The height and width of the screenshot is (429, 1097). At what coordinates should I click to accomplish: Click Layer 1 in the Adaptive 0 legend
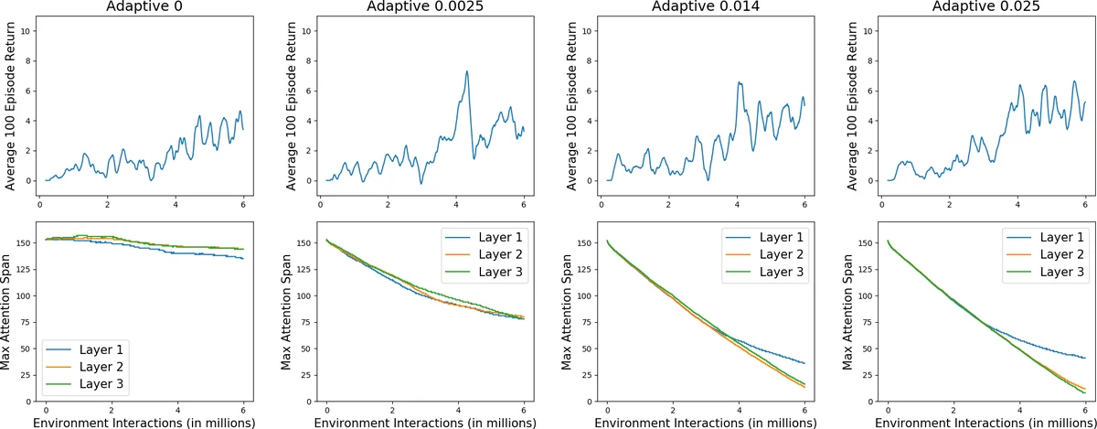click(x=95, y=349)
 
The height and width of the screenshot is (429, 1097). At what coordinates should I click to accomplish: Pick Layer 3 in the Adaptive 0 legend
click(x=95, y=386)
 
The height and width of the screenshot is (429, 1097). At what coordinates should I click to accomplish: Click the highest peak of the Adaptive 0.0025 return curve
click(x=467, y=71)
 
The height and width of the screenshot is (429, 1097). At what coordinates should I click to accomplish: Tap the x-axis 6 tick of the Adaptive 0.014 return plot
click(x=804, y=205)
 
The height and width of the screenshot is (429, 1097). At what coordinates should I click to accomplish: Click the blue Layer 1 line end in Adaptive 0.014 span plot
click(x=804, y=363)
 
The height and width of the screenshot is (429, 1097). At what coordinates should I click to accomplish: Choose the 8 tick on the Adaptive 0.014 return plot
click(x=587, y=60)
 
